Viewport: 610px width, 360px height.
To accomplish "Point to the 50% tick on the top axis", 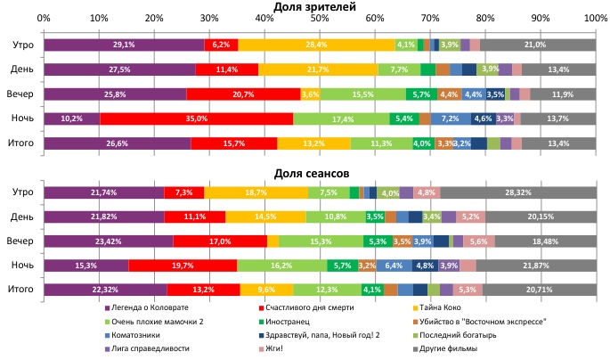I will coord(320,19).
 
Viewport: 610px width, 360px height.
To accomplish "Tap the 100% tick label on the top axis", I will coord(595,19).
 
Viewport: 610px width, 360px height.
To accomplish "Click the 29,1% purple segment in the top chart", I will coord(124,45).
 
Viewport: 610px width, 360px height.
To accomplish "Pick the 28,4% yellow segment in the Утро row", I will coord(316,45).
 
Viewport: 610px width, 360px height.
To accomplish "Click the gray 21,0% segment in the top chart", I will coord(537,45).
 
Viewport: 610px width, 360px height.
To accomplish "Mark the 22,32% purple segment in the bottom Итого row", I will coord(105,290).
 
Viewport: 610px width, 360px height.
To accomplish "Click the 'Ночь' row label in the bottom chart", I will coord(22,266).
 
